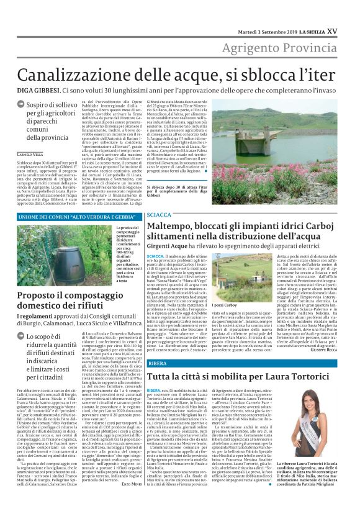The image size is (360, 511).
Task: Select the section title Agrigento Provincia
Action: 290,48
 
